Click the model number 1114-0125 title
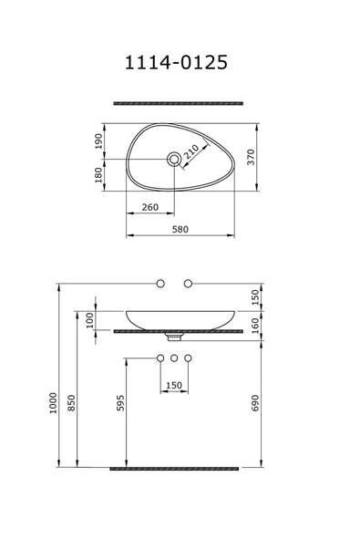click(x=176, y=62)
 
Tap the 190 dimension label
click(x=98, y=140)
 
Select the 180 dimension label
click(x=98, y=175)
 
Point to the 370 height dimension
click(x=252, y=157)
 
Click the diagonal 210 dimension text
click(x=191, y=151)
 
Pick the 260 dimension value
click(x=150, y=207)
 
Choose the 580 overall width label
click(x=180, y=229)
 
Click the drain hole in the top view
click(x=174, y=159)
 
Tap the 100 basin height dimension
click(x=90, y=320)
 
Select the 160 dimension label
click(x=255, y=326)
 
